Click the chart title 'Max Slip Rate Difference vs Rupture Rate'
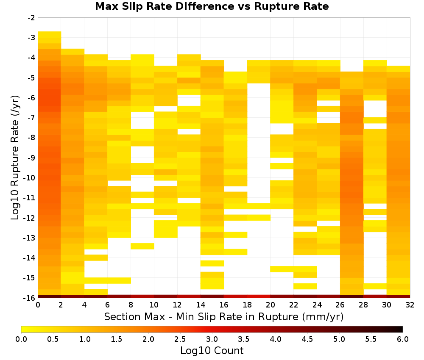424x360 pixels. (212, 6)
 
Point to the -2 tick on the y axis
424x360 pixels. (32, 18)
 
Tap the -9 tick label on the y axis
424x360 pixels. (32, 158)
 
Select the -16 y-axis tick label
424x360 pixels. (30, 298)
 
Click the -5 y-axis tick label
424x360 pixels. (32, 78)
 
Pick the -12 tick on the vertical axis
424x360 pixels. (30, 218)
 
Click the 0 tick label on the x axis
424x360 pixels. (38, 305)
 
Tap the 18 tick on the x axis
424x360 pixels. (247, 305)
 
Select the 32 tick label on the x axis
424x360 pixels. (410, 305)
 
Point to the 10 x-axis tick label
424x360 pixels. (154, 305)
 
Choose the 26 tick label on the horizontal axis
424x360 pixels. (340, 305)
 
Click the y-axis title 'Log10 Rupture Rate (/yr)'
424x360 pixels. (15, 158)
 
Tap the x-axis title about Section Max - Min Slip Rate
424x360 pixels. (224, 317)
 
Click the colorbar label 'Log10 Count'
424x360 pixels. (212, 351)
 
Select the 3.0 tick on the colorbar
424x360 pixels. (212, 339)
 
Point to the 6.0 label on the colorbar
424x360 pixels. (403, 339)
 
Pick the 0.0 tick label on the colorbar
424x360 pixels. (21, 339)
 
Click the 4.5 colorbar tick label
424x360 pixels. (307, 339)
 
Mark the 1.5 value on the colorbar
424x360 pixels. (117, 339)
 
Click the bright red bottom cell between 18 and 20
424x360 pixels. (259, 296)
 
